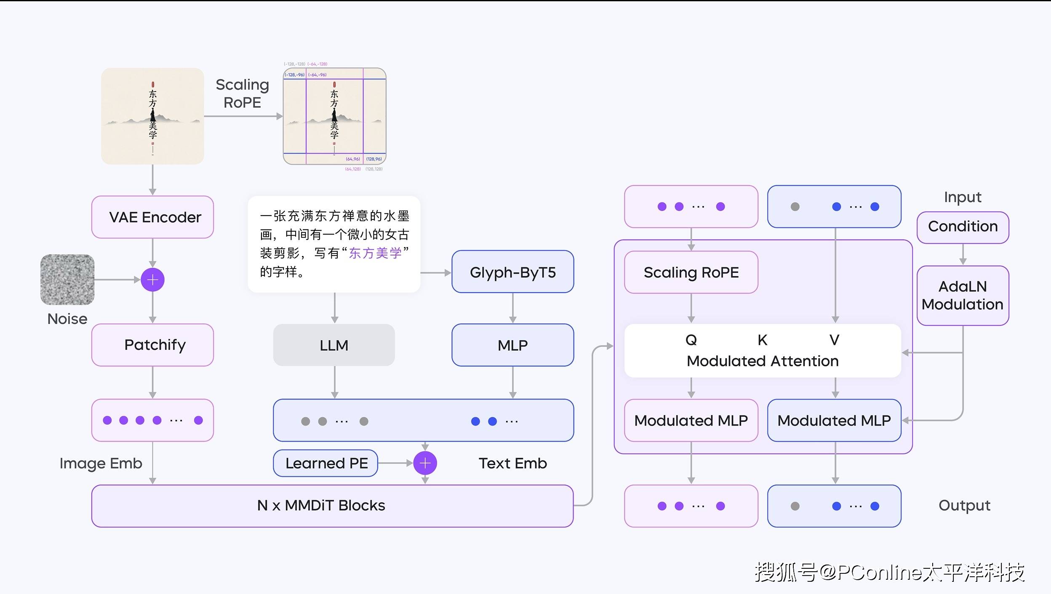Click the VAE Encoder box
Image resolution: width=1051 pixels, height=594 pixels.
pos(152,217)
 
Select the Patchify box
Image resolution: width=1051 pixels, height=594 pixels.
pos(152,345)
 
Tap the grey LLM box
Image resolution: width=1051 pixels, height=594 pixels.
pos(334,345)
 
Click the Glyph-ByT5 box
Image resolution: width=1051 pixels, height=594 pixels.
pos(512,272)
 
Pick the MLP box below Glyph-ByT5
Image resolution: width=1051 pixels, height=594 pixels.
pos(512,345)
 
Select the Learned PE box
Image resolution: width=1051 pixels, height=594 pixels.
pos(325,463)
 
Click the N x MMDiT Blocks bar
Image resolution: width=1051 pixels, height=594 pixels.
pos(332,506)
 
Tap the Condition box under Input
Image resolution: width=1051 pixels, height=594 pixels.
pos(963,227)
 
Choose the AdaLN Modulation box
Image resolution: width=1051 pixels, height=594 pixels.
pos(963,296)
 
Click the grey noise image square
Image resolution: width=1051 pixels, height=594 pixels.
pos(67,280)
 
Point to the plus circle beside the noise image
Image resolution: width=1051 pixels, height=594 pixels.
pos(152,280)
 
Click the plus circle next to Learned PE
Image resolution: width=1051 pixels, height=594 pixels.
pos(425,463)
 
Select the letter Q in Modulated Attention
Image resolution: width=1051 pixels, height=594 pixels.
pos(691,340)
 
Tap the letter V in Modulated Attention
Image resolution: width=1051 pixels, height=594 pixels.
pos(834,340)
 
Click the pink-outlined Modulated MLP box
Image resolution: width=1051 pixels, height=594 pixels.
pos(691,421)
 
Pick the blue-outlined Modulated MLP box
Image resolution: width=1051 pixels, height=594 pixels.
pos(834,421)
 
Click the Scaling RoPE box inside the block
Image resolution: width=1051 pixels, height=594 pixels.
pos(691,272)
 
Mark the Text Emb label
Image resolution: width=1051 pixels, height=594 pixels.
pos(512,463)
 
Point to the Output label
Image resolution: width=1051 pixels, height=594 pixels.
pos(964,505)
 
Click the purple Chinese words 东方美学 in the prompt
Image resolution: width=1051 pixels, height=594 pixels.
pos(375,253)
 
